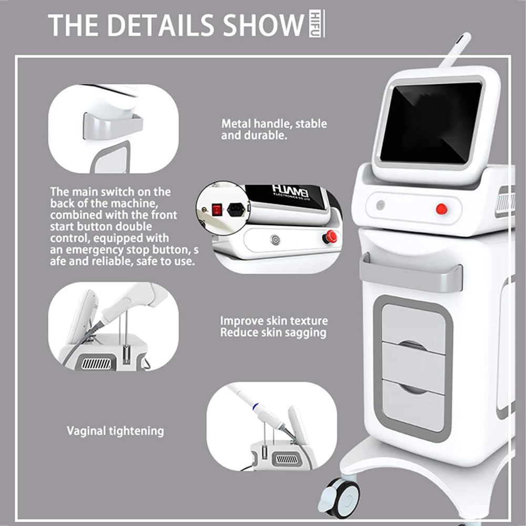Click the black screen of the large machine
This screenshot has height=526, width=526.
coord(430,122)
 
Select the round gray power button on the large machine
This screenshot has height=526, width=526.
coord(380,205)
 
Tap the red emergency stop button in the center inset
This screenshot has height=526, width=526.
coord(330,237)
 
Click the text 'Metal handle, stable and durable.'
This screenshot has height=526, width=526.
coord(274,129)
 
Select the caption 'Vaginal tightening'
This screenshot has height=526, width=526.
coord(115,431)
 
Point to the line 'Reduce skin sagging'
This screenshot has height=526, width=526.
coord(273,332)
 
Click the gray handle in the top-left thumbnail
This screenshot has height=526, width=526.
coord(113,127)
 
